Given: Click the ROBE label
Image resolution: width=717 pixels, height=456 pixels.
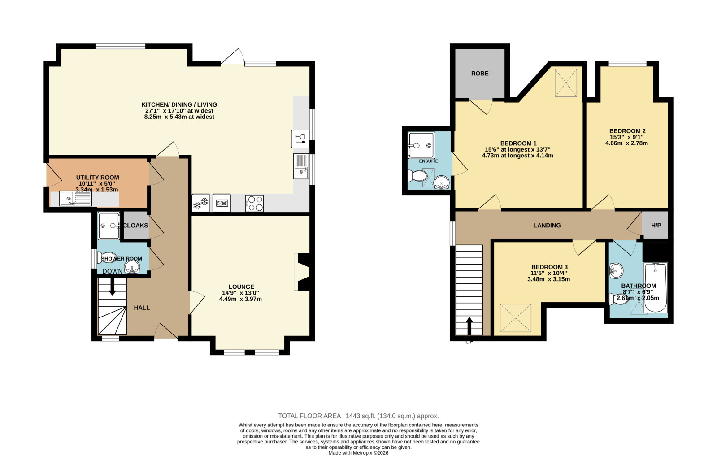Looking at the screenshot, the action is click(x=480, y=74).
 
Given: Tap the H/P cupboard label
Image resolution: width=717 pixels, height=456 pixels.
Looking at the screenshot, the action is click(x=656, y=226).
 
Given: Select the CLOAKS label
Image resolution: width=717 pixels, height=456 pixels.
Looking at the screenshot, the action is click(x=135, y=226).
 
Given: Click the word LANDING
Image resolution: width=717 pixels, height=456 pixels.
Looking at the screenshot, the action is click(x=547, y=226).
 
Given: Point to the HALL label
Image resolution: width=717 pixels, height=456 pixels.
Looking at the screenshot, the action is click(x=142, y=308).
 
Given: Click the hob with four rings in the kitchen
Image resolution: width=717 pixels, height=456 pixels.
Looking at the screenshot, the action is click(x=255, y=204).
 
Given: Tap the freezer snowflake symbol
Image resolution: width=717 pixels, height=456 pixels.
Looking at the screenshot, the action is click(x=201, y=203).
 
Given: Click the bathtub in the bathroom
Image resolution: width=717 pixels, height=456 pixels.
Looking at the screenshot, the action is click(x=656, y=287).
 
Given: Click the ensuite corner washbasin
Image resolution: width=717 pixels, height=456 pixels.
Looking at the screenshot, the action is click(x=442, y=182).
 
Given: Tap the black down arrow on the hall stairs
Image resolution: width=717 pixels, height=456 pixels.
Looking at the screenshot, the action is click(x=113, y=287).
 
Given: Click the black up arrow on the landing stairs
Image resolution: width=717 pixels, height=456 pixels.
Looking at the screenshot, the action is click(x=469, y=326).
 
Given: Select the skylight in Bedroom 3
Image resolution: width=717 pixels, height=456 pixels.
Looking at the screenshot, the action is click(x=515, y=318).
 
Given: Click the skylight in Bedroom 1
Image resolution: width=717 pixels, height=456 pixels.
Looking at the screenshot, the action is click(x=566, y=83).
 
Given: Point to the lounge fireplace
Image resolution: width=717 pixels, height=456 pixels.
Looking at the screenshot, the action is click(x=301, y=272).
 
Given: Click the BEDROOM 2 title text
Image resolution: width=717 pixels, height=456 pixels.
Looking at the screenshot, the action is click(x=627, y=131).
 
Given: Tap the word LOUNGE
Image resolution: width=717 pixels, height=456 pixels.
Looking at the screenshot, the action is click(x=241, y=287).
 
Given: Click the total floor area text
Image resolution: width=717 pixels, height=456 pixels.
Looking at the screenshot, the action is click(x=358, y=416).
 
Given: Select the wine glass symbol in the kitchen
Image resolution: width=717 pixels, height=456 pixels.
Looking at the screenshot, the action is click(x=300, y=139).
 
